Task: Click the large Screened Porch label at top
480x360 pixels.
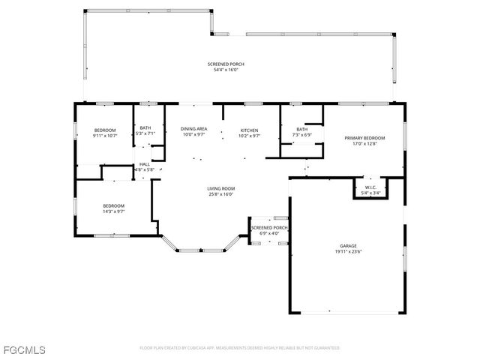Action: (x=226, y=64)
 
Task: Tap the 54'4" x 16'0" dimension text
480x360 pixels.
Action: (x=226, y=70)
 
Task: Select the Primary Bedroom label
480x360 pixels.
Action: (x=364, y=138)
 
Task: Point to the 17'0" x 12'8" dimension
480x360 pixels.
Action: (x=364, y=144)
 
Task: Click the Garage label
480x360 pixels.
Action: (x=347, y=246)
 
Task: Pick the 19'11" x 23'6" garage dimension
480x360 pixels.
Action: (x=347, y=252)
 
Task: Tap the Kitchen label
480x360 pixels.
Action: (x=249, y=130)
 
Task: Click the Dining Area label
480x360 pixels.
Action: (x=193, y=130)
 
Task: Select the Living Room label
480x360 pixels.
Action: (x=221, y=188)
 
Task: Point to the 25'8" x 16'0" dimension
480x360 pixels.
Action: (x=221, y=194)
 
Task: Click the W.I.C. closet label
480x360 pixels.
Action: (x=370, y=187)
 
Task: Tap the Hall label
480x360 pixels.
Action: (x=144, y=164)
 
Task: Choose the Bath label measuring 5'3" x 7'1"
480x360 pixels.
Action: (x=145, y=128)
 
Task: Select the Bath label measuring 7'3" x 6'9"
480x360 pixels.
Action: (x=301, y=129)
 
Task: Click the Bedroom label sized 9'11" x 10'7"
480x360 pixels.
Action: (x=104, y=130)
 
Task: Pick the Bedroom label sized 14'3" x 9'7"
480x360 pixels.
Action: (x=113, y=205)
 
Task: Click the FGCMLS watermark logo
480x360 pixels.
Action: (x=24, y=350)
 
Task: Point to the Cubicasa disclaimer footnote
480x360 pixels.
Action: (x=239, y=348)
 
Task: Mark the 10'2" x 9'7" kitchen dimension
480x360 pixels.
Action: (x=249, y=136)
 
